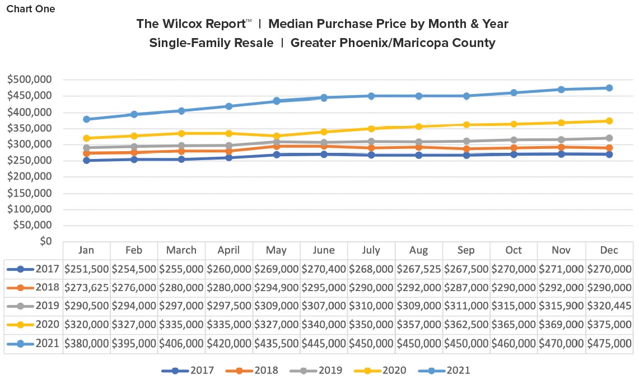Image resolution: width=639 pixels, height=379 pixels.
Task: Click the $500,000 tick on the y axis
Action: click(x=29, y=79)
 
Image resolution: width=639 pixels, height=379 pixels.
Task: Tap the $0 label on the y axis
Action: click(x=45, y=241)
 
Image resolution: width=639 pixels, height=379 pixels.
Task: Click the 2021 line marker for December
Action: click(x=609, y=88)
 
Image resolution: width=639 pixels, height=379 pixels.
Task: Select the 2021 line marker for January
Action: click(x=86, y=119)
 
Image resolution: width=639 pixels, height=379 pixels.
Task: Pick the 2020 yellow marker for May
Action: click(x=276, y=136)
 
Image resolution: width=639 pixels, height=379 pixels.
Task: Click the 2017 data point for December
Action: click(x=609, y=155)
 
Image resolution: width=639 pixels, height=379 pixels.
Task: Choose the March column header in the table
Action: click(x=181, y=250)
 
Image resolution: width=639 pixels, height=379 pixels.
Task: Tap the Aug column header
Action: click(x=418, y=250)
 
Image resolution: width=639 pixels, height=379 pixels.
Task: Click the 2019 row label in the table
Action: click(x=48, y=307)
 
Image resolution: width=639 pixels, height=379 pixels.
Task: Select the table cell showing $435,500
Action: click(x=276, y=344)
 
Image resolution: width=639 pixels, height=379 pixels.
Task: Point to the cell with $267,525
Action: click(x=418, y=269)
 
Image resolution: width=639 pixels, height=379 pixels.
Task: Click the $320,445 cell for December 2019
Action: click(x=609, y=307)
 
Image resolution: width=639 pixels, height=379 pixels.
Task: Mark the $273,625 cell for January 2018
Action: click(x=86, y=288)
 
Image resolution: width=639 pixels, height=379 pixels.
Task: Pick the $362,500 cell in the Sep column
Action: click(x=466, y=325)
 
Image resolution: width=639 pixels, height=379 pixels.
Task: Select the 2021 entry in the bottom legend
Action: click(x=458, y=370)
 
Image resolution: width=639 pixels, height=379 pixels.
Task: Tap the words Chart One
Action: click(x=31, y=9)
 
